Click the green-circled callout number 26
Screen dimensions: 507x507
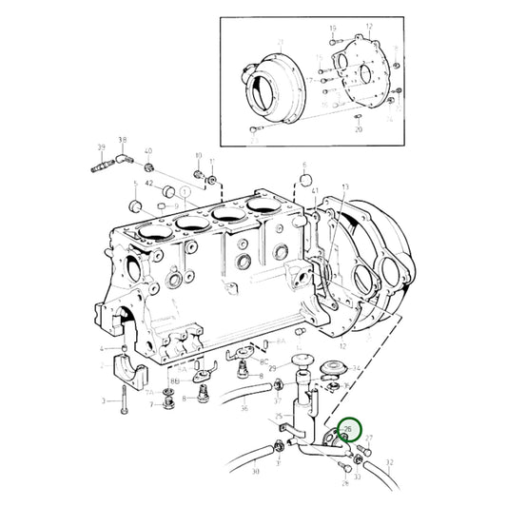(347, 431)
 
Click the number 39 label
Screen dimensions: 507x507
(101, 146)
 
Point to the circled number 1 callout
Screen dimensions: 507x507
(184, 189)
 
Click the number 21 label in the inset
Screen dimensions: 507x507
(282, 43)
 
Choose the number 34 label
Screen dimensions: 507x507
(356, 368)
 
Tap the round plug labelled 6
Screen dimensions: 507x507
(306, 178)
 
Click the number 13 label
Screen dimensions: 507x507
(345, 187)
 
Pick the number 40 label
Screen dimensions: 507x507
(147, 152)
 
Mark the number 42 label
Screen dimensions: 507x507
(149, 183)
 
